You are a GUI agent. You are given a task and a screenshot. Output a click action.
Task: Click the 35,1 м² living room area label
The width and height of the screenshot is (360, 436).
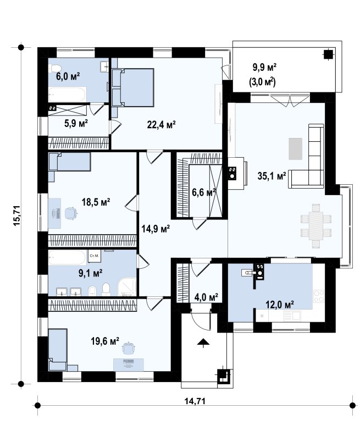(272, 176)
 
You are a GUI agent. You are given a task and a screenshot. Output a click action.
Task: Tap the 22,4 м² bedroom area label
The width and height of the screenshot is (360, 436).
(161, 125)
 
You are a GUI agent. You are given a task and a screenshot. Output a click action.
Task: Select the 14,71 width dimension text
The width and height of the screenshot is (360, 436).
(195, 401)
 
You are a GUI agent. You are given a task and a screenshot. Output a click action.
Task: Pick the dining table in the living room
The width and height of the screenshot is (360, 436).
(316, 226)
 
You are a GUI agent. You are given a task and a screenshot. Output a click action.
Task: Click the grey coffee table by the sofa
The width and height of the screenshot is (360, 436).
(295, 149)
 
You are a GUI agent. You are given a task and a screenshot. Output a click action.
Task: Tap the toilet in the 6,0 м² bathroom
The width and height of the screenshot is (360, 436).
(55, 68)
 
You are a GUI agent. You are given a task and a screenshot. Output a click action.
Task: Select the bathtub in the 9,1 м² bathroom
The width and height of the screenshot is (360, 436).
(67, 257)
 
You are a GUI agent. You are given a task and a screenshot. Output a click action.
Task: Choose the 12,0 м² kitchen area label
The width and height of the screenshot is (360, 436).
(280, 305)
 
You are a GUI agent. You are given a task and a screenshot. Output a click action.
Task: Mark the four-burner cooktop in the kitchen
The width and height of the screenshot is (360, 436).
(319, 296)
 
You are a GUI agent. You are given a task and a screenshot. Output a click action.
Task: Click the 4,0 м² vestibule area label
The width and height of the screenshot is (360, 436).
(206, 297)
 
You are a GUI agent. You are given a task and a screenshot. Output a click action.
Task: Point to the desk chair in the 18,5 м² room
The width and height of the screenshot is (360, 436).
(71, 213)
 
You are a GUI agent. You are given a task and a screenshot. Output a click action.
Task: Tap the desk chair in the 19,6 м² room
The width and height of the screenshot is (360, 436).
(128, 348)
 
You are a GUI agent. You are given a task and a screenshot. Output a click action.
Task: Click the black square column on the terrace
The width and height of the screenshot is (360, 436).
(328, 54)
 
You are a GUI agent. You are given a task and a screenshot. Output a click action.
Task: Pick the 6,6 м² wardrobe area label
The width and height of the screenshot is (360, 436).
(204, 192)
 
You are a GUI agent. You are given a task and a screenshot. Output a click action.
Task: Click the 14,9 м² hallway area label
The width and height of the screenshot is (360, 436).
(156, 229)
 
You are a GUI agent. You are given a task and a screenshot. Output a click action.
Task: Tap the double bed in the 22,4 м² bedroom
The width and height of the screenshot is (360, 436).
(133, 87)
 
